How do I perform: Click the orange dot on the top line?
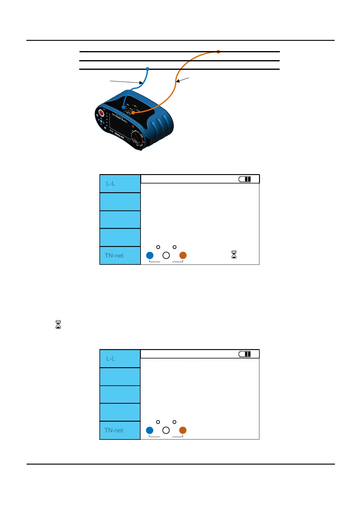click(218, 52)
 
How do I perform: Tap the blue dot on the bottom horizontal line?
click(148, 69)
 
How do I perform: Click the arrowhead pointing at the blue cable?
click(141, 83)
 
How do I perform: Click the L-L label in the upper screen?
click(111, 184)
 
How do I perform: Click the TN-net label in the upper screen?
click(114, 256)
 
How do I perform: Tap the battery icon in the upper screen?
click(245, 179)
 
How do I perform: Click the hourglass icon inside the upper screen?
click(234, 254)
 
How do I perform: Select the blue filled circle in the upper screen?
click(150, 255)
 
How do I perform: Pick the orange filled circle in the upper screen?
click(183, 255)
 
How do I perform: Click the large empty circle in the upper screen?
click(166, 255)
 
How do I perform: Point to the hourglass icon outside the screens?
click(58, 325)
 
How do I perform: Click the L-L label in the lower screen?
click(111, 359)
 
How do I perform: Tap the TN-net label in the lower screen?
click(114, 430)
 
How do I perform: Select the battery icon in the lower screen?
click(245, 354)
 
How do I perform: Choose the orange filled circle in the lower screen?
click(183, 430)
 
